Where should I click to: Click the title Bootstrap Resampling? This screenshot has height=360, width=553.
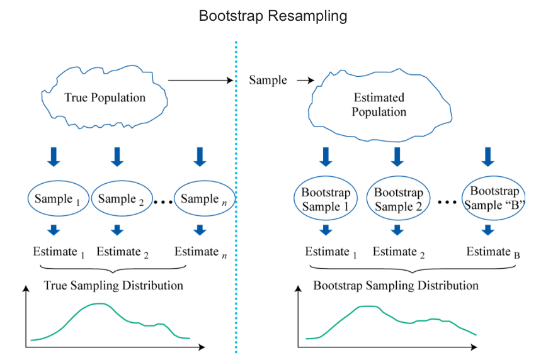(273, 16)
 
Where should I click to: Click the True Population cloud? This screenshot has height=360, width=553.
(105, 98)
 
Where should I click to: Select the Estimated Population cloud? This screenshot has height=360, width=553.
(379, 105)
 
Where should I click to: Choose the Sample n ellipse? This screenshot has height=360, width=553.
(200, 200)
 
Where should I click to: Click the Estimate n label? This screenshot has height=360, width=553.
(200, 252)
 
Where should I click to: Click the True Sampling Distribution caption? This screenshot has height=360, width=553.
(113, 286)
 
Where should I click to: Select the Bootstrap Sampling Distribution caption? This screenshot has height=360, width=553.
(396, 286)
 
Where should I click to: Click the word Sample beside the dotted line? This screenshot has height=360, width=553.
(268, 81)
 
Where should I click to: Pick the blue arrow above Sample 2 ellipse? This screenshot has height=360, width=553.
(117, 156)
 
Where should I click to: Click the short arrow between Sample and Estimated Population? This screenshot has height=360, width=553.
(304, 81)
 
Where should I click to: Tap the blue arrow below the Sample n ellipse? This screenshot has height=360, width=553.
(200, 230)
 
